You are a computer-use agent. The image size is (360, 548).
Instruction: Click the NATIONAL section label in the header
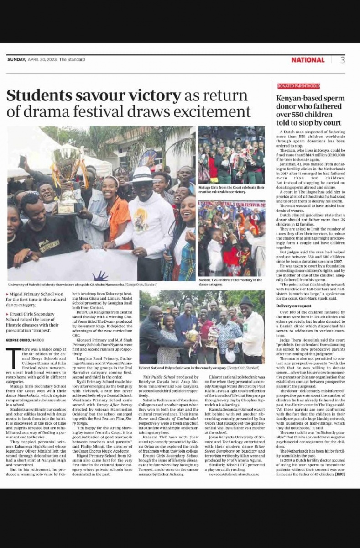click(308, 60)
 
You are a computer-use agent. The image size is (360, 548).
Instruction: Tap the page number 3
click(342, 60)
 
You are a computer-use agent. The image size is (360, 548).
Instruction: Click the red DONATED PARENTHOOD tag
click(299, 86)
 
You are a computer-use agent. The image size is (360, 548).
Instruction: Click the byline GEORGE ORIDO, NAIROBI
click(26, 340)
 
